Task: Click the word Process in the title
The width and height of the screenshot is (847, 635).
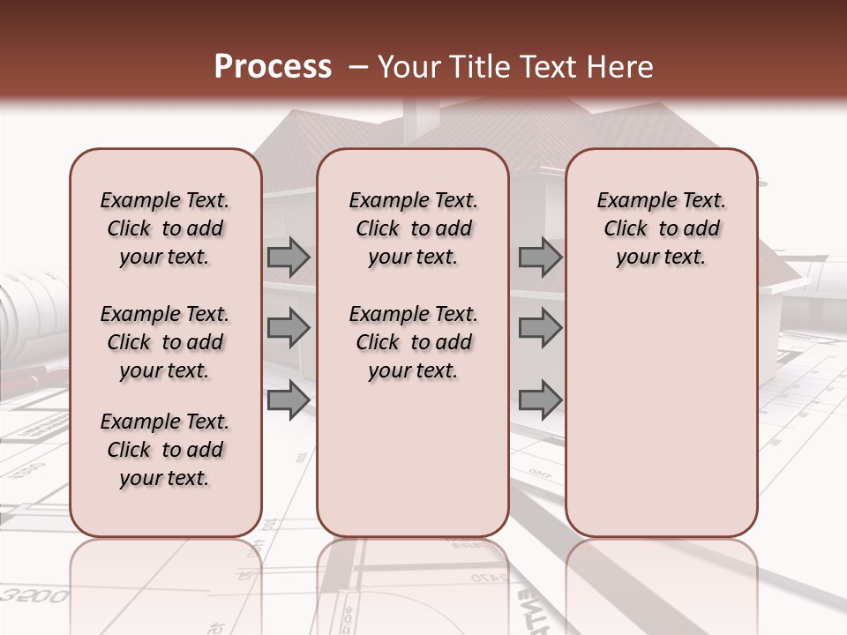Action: (x=273, y=67)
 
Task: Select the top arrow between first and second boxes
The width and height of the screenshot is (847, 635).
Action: (x=289, y=258)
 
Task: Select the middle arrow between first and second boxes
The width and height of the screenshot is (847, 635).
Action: (x=289, y=328)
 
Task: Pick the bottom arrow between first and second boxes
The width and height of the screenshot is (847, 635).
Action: (x=289, y=400)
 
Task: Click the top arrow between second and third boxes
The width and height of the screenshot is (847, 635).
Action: (x=540, y=258)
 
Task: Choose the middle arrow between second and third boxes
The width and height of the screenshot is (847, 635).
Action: (x=540, y=328)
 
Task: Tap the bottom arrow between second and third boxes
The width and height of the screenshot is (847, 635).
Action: (x=540, y=400)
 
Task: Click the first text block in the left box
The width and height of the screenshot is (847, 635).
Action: (x=165, y=228)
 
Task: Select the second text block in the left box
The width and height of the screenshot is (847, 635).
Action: (x=165, y=342)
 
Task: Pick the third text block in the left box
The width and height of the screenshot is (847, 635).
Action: (x=165, y=450)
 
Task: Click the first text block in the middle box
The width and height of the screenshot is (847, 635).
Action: (x=413, y=228)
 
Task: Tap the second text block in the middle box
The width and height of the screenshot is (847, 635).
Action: (x=413, y=342)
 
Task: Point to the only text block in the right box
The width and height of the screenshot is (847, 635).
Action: (x=661, y=228)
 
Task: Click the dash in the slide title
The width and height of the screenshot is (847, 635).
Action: (x=358, y=67)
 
